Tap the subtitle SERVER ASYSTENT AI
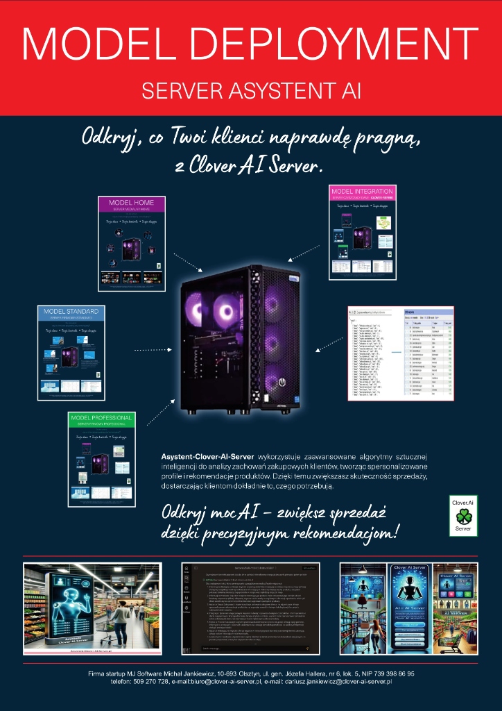(251, 91)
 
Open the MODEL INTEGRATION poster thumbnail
(362, 232)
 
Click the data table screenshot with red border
(400, 353)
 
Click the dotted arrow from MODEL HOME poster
(185, 263)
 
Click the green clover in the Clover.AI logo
(462, 516)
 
